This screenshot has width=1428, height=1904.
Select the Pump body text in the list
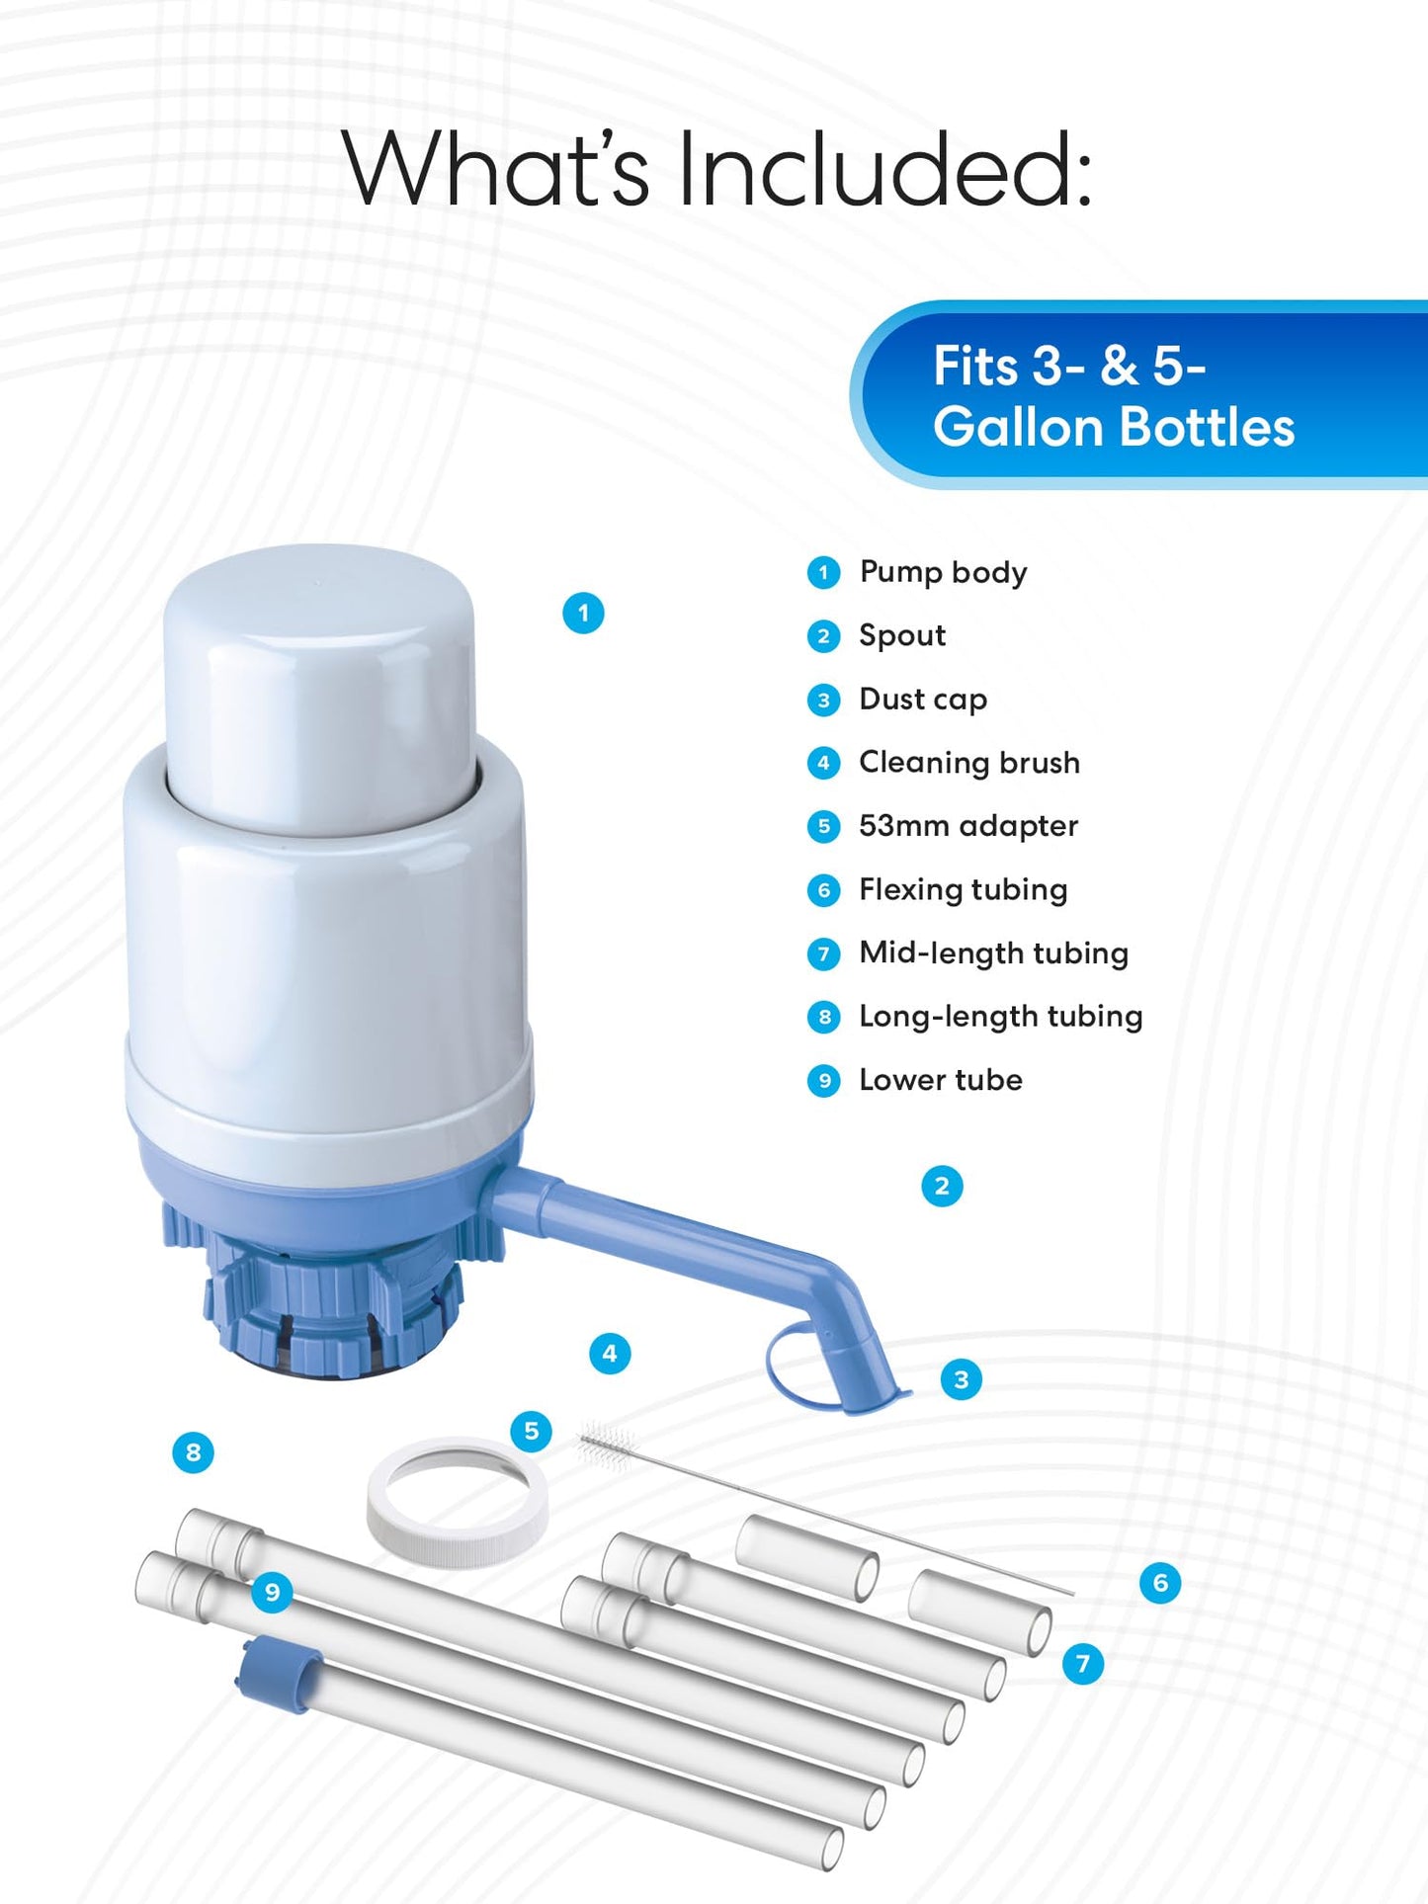pyautogui.click(x=942, y=572)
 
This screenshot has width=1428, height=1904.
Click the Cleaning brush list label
pyautogui.click(x=968, y=763)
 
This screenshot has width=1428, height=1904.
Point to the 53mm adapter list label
pyautogui.click(x=967, y=826)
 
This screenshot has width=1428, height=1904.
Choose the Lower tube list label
pyautogui.click(x=940, y=1080)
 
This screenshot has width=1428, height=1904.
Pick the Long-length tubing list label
pyautogui.click(x=1000, y=1017)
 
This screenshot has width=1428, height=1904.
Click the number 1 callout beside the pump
pyautogui.click(x=583, y=614)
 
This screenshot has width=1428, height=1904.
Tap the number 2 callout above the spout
pyautogui.click(x=942, y=1186)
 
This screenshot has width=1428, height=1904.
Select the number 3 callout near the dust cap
pyautogui.click(x=962, y=1379)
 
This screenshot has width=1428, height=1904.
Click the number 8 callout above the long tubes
pyautogui.click(x=193, y=1452)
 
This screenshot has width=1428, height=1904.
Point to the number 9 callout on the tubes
pyautogui.click(x=272, y=1592)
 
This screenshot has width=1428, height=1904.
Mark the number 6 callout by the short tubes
pyautogui.click(x=1160, y=1583)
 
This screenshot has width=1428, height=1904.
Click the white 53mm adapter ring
pyautogui.click(x=457, y=1503)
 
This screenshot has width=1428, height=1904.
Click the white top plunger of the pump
pyautogui.click(x=318, y=682)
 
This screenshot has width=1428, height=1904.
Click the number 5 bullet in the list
pyautogui.click(x=823, y=826)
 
